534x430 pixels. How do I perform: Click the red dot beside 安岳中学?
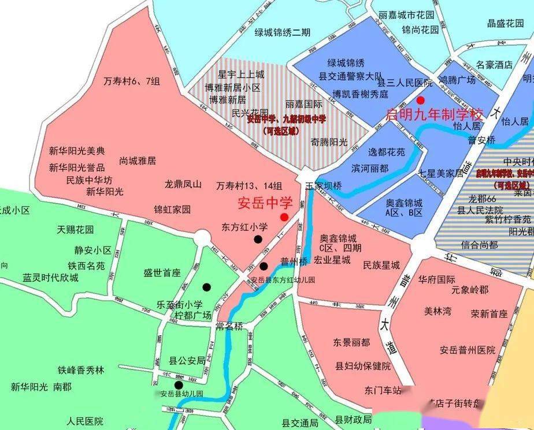coord(284,217)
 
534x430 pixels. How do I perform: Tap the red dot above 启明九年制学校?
coord(428,100)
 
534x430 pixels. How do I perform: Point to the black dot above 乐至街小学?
coord(206,287)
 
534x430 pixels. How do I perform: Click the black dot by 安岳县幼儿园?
coord(179,385)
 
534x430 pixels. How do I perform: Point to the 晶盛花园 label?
coord(505,23)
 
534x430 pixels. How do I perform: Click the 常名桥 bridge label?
coord(229,326)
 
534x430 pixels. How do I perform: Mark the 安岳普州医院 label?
coord(468,350)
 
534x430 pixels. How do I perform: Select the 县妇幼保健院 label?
coord(363,367)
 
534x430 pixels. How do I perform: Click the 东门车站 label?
coord(383,390)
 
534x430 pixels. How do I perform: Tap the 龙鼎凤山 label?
coord(183,185)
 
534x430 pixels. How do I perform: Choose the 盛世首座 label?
coord(162,273)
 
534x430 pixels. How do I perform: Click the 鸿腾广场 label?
coord(457,80)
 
